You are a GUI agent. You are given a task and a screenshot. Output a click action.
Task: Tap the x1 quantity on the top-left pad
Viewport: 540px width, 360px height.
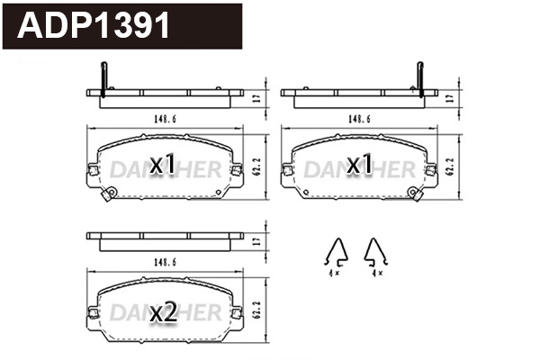162,166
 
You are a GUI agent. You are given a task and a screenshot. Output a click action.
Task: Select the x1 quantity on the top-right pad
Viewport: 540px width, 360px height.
360,166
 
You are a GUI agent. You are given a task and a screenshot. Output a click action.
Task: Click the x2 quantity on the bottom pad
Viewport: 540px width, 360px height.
162,313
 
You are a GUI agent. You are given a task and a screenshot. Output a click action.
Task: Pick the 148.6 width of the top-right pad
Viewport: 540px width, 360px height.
359,117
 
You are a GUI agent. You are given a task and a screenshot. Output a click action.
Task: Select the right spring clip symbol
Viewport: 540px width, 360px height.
373,254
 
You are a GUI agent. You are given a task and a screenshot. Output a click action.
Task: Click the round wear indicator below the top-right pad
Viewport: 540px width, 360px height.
416,193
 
